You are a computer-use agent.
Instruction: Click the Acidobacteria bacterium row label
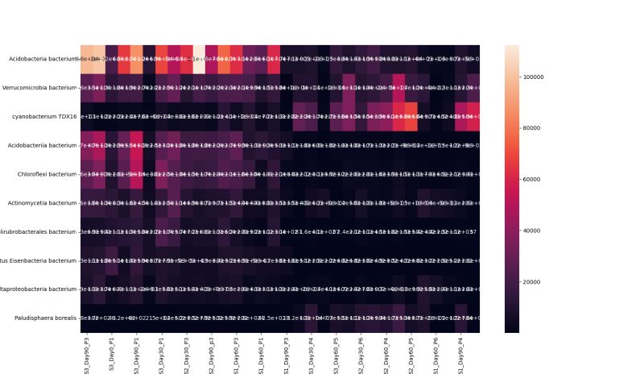coord(42,59)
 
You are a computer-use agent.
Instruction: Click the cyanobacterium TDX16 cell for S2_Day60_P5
coord(411,116)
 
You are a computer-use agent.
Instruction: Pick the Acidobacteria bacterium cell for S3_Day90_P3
coord(86,59)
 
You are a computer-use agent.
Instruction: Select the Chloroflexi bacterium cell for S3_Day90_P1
coord(136,174)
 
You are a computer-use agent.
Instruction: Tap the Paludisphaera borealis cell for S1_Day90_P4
coord(460,318)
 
